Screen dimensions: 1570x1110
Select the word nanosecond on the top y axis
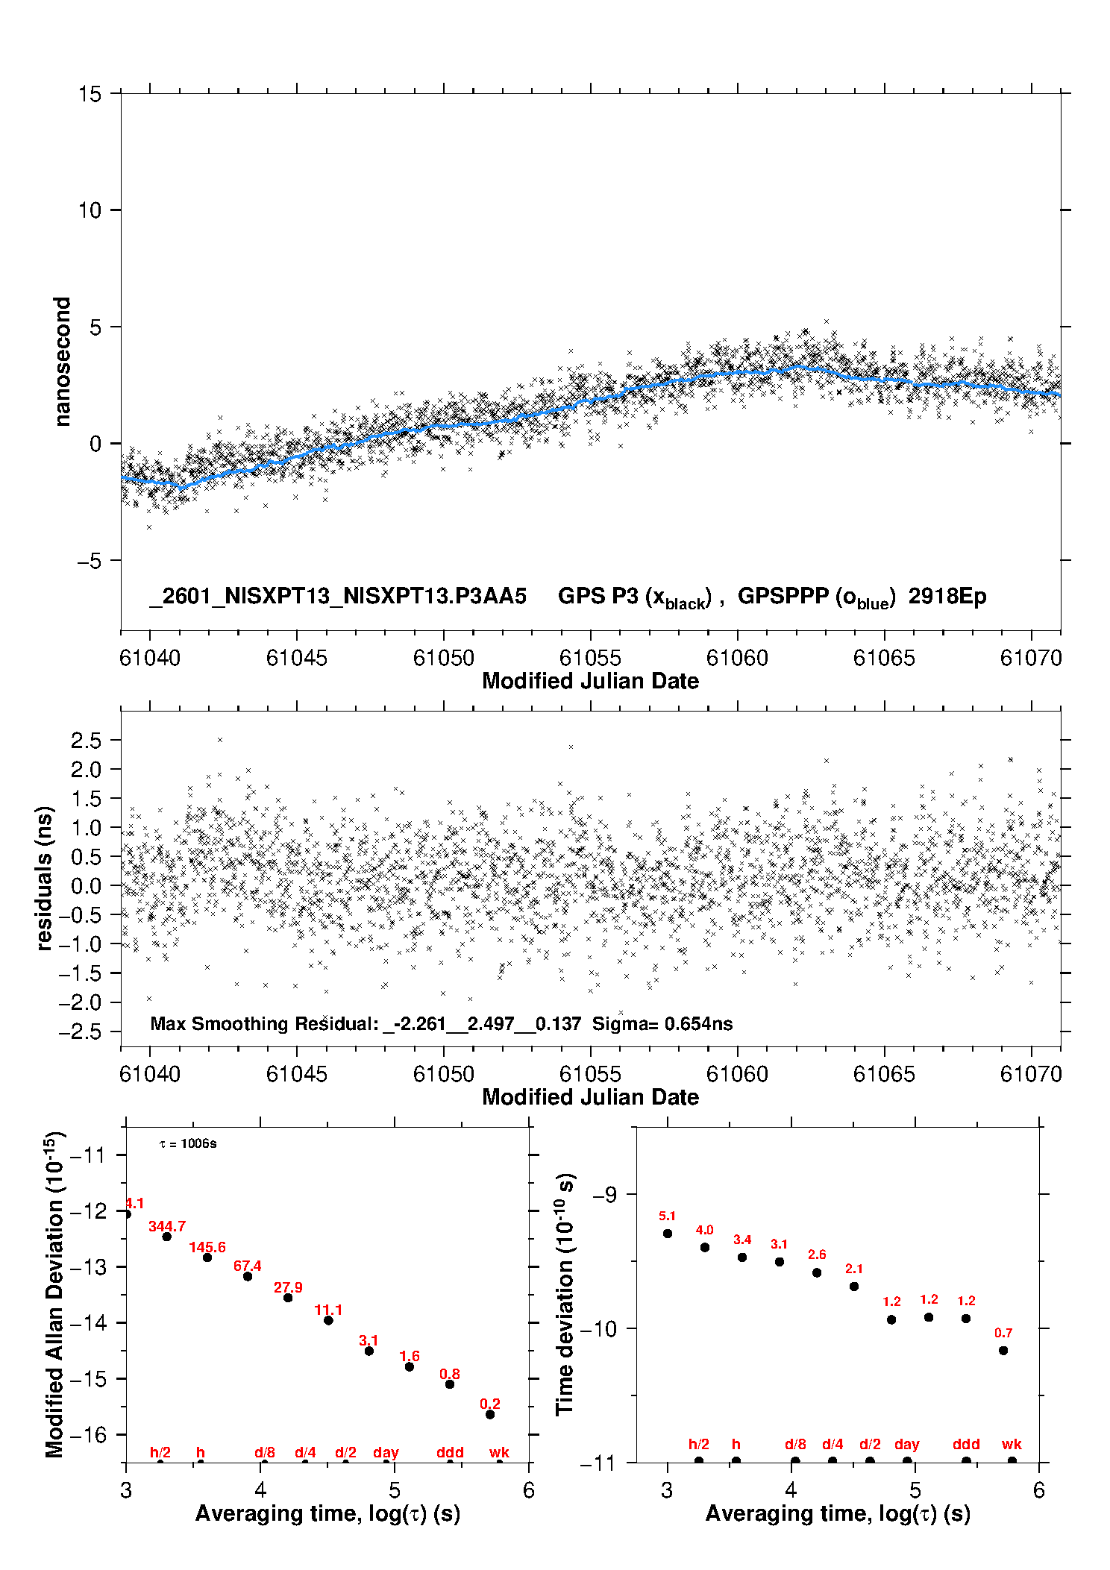click(62, 361)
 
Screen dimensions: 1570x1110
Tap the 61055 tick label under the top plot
click(590, 658)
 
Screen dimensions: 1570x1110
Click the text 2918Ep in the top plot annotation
click(947, 596)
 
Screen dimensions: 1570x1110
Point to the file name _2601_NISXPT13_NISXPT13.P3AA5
click(338, 596)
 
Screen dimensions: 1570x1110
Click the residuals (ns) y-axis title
click(45, 878)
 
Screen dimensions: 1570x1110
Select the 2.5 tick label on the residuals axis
click(86, 740)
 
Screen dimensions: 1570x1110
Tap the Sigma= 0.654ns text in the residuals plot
click(662, 1023)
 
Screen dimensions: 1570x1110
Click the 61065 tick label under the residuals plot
click(884, 1074)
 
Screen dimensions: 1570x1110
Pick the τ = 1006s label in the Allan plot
click(188, 1144)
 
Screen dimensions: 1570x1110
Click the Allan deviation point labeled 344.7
click(167, 1237)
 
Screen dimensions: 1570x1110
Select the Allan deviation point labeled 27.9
click(288, 1298)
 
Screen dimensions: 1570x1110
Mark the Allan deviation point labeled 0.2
click(490, 1414)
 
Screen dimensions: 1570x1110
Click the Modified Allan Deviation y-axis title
click(55, 1294)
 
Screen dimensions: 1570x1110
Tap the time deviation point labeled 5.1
click(668, 1234)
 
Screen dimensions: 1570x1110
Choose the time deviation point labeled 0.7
click(1003, 1351)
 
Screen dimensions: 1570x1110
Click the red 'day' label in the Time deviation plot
click(906, 1445)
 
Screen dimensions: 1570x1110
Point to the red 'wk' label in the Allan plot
click(499, 1452)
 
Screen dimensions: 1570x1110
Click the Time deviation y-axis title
click(565, 1294)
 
